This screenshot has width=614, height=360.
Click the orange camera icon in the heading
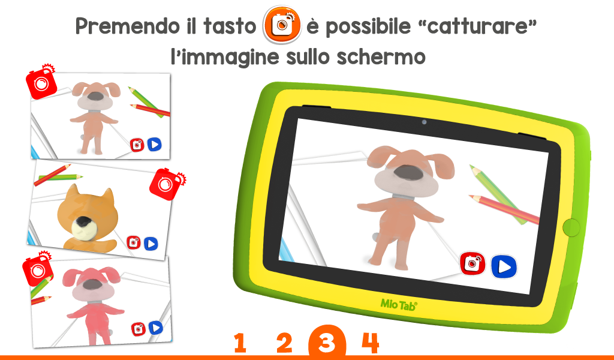(x=282, y=24)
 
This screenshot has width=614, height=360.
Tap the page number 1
(x=240, y=343)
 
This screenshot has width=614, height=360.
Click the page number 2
(x=284, y=343)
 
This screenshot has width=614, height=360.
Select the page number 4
(x=371, y=343)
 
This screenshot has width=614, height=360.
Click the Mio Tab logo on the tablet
(x=399, y=305)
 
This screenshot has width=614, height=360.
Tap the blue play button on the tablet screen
(x=504, y=266)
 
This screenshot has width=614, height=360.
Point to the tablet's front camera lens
(x=424, y=122)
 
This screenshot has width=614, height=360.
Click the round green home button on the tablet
(x=571, y=227)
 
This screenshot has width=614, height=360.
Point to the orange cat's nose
(x=83, y=222)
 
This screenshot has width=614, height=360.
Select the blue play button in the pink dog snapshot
(x=156, y=328)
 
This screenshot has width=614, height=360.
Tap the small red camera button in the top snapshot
(x=137, y=145)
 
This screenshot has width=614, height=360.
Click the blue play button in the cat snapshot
(x=151, y=244)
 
